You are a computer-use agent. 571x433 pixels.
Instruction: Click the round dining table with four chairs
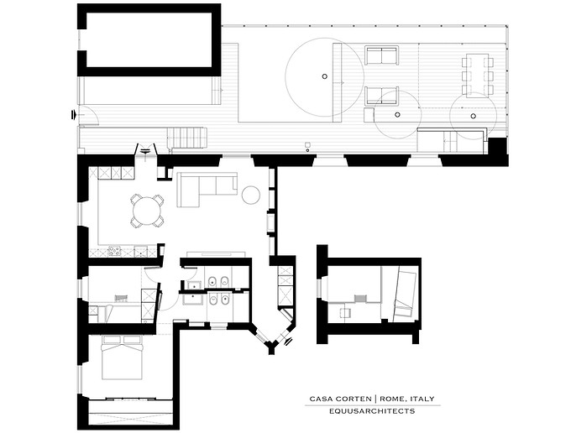point(147,211)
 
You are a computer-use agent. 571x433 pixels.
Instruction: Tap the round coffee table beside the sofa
point(251,195)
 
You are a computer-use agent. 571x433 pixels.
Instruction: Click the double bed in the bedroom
point(122,357)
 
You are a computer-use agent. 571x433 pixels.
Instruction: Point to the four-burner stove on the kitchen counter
point(114,251)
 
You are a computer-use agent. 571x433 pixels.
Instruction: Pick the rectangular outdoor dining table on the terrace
point(478,74)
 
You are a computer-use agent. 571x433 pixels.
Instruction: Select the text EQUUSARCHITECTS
point(372,411)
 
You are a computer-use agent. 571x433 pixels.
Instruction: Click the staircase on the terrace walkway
point(187,138)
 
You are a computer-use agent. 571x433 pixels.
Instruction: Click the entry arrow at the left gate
point(74,115)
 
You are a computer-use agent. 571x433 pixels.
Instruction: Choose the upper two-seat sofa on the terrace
point(382,55)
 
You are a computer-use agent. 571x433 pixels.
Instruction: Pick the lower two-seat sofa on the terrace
point(382,96)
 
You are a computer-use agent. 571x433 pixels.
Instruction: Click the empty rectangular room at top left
point(149,40)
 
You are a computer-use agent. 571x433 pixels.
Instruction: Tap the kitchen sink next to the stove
point(140,251)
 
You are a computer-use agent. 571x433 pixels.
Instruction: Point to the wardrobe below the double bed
point(130,412)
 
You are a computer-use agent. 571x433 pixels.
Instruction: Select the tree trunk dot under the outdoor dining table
point(473,116)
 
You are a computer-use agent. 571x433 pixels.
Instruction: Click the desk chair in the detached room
point(345,312)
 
